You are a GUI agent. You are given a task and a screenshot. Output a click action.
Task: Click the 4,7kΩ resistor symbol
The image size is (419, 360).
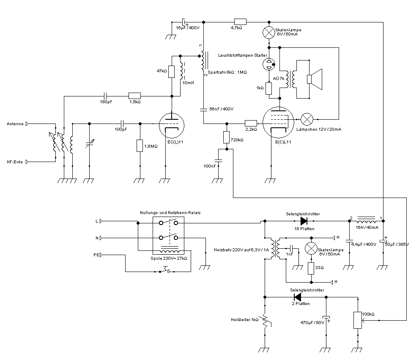[x=240, y=22]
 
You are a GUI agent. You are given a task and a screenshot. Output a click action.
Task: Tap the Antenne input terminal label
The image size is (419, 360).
[x=15, y=124]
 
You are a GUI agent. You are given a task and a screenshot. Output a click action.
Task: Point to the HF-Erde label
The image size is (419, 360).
[x=15, y=162]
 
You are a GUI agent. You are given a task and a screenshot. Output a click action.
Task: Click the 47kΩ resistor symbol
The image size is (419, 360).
[x=172, y=71]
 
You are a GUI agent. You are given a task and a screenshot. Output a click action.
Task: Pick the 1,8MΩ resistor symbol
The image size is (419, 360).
[x=140, y=146]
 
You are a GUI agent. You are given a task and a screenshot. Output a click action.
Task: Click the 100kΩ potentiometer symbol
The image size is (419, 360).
[x=358, y=320]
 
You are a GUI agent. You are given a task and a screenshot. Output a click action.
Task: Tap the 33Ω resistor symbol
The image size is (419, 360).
[x=311, y=268]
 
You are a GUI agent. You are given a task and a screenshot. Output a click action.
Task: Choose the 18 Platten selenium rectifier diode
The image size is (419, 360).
[x=303, y=220]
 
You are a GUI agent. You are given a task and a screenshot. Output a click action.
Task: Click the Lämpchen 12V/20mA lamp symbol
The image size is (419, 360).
[x=306, y=118]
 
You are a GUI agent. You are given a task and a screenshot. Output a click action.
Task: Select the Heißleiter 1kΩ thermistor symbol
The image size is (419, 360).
[x=265, y=321]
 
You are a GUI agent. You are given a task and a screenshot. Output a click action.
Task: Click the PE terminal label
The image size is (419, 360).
[x=96, y=255]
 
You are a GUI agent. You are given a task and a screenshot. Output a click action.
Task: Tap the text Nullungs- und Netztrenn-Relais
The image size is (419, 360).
[x=170, y=212]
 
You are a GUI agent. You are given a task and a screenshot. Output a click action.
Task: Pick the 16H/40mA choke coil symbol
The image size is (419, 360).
[x=366, y=221]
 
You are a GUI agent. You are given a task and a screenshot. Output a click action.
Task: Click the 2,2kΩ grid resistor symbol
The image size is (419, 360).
[x=251, y=123]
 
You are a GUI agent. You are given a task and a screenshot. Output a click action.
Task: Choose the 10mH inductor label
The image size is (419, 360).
[x=188, y=82]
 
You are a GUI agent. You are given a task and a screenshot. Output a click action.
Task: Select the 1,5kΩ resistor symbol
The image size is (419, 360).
[x=134, y=96]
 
